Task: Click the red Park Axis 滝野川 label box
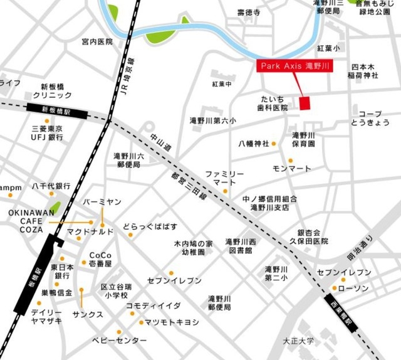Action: pos(294,66)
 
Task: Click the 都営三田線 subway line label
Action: pos(189,186)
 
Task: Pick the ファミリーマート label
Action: pos(224,177)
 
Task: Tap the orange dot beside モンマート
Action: pos(290,161)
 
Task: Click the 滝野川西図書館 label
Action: pos(240,245)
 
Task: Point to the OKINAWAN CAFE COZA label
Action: pos(26,221)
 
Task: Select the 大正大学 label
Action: pos(298,342)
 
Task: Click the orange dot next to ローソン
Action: pos(333,289)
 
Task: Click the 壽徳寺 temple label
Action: pos(248,12)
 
